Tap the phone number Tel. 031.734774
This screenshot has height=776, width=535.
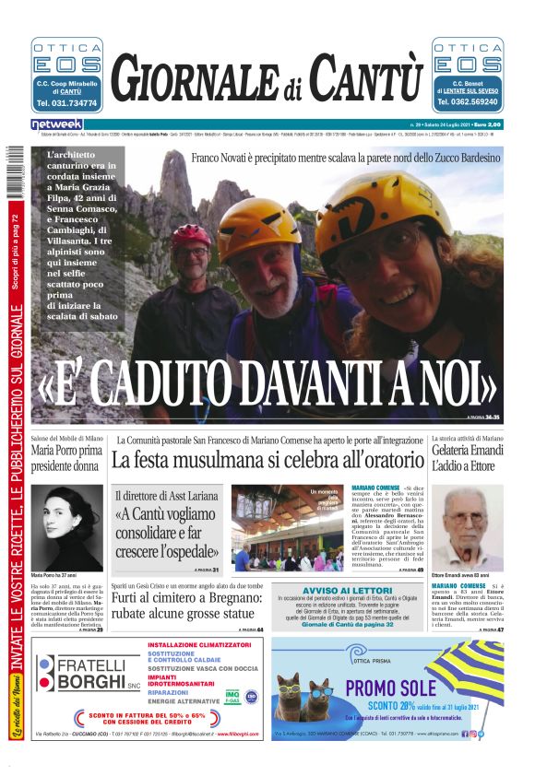(66, 103)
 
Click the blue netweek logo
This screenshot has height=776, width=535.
(57, 123)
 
